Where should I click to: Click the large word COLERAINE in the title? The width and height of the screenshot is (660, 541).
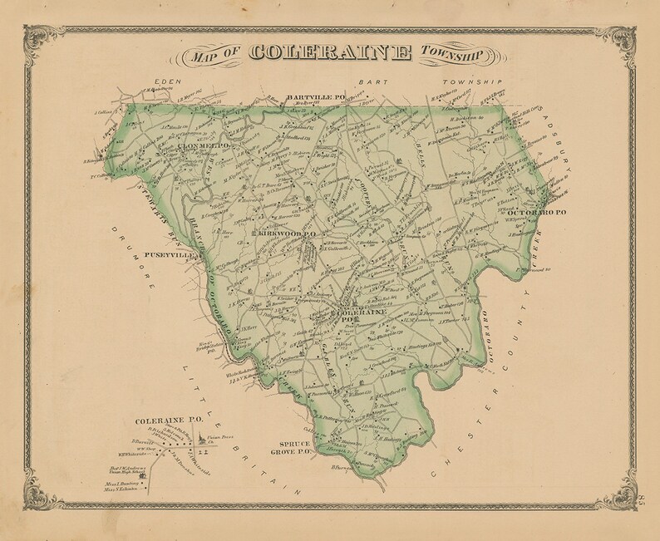330,52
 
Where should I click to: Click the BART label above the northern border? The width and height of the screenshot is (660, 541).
367,83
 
